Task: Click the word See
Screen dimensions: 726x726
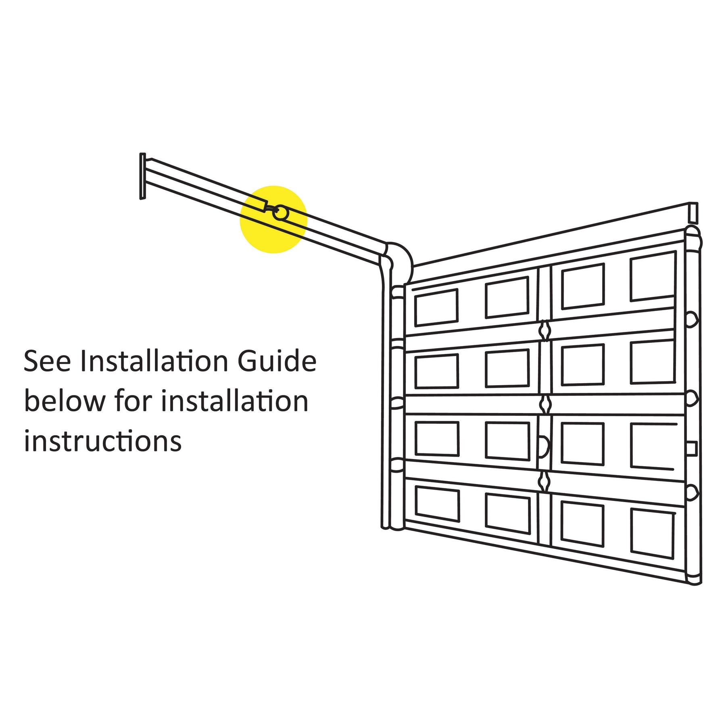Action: pyautogui.click(x=48, y=361)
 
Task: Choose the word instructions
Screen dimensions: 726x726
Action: pyautogui.click(x=103, y=441)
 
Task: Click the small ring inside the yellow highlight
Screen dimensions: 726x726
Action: pyautogui.click(x=280, y=213)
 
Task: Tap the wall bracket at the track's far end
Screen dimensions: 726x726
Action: pyautogui.click(x=142, y=176)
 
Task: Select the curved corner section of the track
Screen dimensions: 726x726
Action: pyautogui.click(x=399, y=258)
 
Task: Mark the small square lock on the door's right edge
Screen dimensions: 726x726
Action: pyautogui.click(x=691, y=449)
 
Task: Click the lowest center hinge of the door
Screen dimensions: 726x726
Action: pyautogui.click(x=544, y=482)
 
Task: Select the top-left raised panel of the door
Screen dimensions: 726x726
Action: pyautogui.click(x=436, y=308)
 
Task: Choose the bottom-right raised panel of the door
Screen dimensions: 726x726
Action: pyautogui.click(x=653, y=534)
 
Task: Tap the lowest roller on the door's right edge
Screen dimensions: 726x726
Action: pyautogui.click(x=692, y=492)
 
